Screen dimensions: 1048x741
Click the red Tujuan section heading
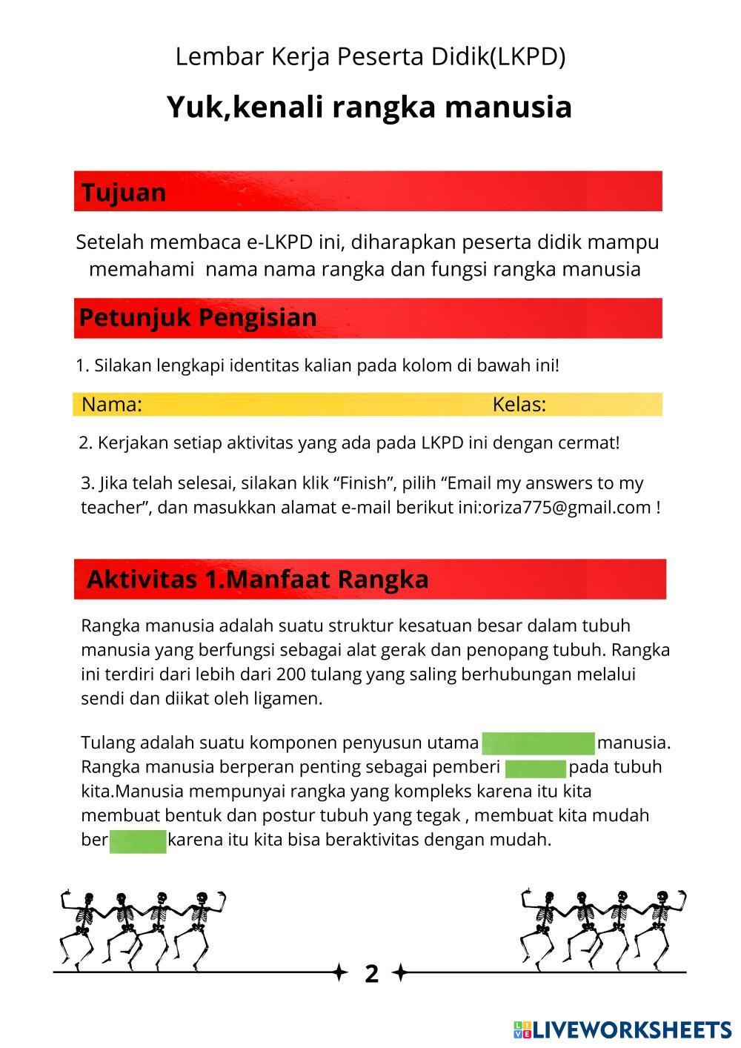pyautogui.click(x=124, y=192)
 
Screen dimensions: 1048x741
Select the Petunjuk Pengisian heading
pyautogui.click(x=198, y=317)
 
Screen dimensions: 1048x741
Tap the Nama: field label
pyautogui.click(x=111, y=405)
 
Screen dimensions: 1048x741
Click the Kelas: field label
pyautogui.click(x=519, y=405)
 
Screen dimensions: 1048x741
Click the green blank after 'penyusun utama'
pyautogui.click(x=538, y=743)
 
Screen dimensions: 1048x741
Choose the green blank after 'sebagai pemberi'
pyautogui.click(x=535, y=767)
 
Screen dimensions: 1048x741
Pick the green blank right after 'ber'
pyautogui.click(x=138, y=841)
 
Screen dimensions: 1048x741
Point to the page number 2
pyautogui.click(x=371, y=973)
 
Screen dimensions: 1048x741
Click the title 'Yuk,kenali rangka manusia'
pyautogui.click(x=369, y=107)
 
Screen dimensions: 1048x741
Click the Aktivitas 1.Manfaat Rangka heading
pyautogui.click(x=257, y=579)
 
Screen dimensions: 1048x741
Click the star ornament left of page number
pyautogui.click(x=340, y=972)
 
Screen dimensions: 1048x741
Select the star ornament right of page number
pyautogui.click(x=399, y=972)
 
